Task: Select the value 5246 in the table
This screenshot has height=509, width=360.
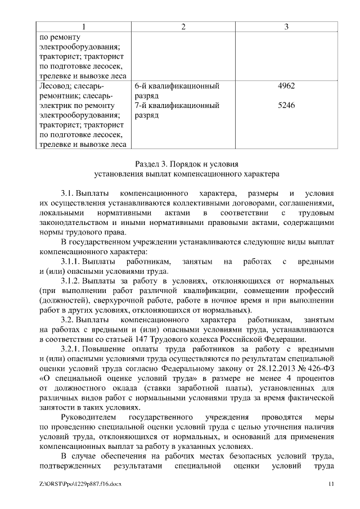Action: pos(286,105)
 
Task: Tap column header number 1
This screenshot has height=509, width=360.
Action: pos(84,27)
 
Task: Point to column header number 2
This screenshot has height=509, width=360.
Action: pos(183,27)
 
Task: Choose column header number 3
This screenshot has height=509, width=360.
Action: pos(286,27)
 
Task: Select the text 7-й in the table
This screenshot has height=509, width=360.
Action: pos(142,105)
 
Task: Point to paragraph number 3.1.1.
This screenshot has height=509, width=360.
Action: pos(71,262)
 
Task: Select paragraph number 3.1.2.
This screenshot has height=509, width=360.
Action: pos(71,281)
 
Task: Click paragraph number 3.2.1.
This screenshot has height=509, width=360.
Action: pos(71,348)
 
